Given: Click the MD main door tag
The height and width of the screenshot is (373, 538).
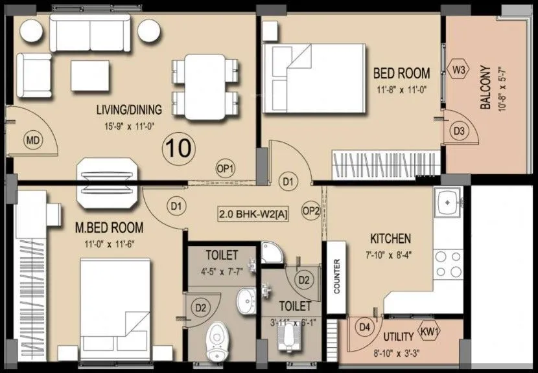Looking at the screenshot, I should pyautogui.click(x=32, y=140).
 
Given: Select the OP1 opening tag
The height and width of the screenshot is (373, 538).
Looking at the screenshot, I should pyautogui.click(x=225, y=168).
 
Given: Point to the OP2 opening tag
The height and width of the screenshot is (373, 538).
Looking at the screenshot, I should pyautogui.click(x=311, y=210).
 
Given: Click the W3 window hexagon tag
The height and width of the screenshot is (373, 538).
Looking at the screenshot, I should pyautogui.click(x=459, y=69).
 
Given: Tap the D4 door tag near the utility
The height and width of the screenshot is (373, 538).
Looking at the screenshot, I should pyautogui.click(x=366, y=328).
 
